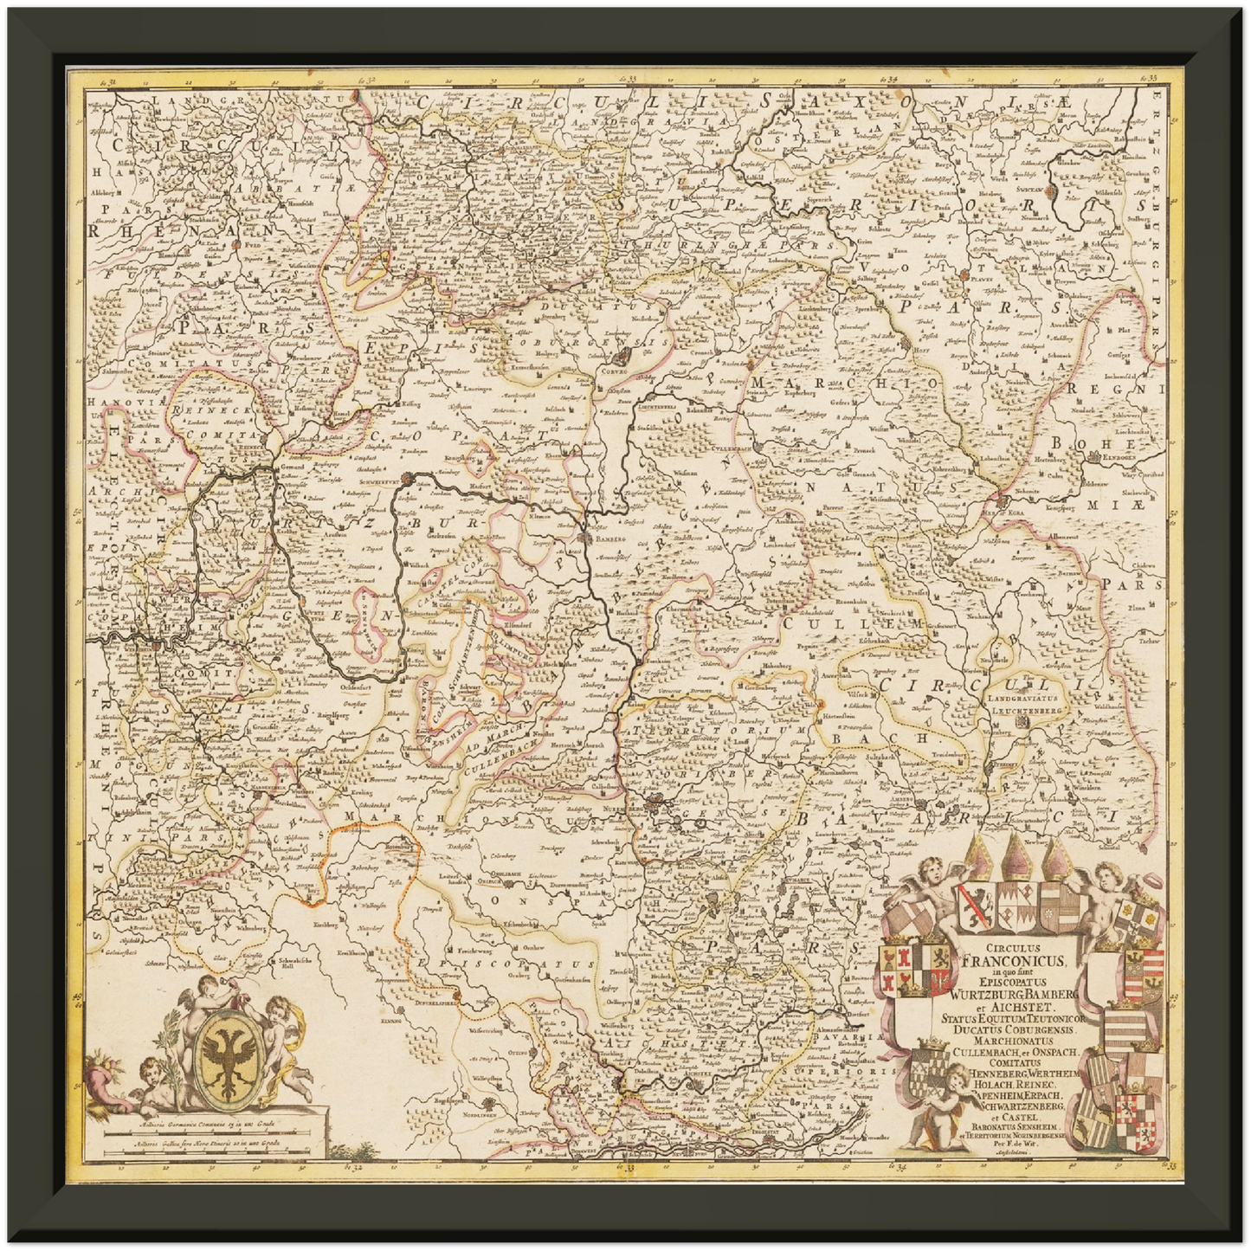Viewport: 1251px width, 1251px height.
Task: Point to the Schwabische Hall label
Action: point(293,965)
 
